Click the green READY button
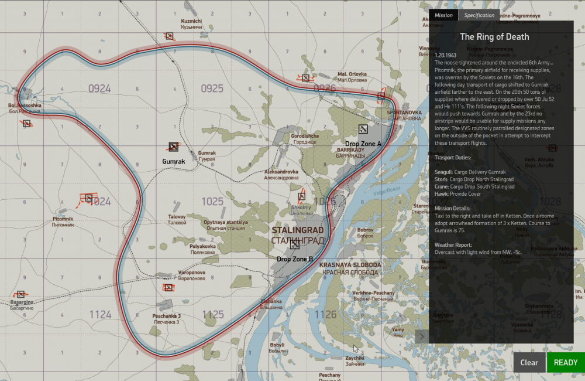click(x=565, y=362)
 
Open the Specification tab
click(x=480, y=15)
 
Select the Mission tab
click(x=443, y=15)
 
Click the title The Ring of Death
click(x=494, y=36)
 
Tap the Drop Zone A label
click(x=363, y=144)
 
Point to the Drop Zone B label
click(x=295, y=258)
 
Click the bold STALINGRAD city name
click(x=298, y=230)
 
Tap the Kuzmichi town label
click(x=191, y=21)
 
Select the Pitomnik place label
click(x=63, y=219)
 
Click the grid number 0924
click(x=99, y=89)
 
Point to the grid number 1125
click(x=213, y=315)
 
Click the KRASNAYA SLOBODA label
click(x=350, y=265)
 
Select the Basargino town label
click(x=22, y=302)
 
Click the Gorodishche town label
click(x=305, y=136)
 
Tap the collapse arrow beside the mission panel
click(x=421, y=336)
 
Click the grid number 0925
click(x=212, y=89)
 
